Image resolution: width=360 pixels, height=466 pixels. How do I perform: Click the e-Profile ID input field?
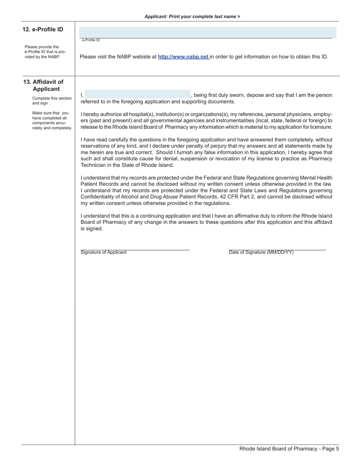pyautogui.click(x=207, y=32)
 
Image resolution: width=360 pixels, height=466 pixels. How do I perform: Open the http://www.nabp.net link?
pyautogui.click(x=183, y=57)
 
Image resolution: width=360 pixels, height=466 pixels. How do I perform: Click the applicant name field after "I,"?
pyautogui.click(x=137, y=94)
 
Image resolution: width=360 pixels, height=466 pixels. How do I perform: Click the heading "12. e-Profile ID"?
pyautogui.click(x=43, y=30)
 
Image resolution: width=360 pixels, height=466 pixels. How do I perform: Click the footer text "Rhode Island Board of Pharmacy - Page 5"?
pyautogui.click(x=289, y=449)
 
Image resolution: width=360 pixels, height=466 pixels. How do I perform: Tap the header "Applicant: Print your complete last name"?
pyautogui.click(x=192, y=17)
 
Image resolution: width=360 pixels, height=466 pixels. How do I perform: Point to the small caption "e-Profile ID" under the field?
pyautogui.click(x=91, y=40)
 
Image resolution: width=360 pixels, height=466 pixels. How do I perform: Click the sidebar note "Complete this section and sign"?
pyautogui.click(x=52, y=101)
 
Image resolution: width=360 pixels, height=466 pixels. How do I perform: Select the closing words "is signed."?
pyautogui.click(x=92, y=229)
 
